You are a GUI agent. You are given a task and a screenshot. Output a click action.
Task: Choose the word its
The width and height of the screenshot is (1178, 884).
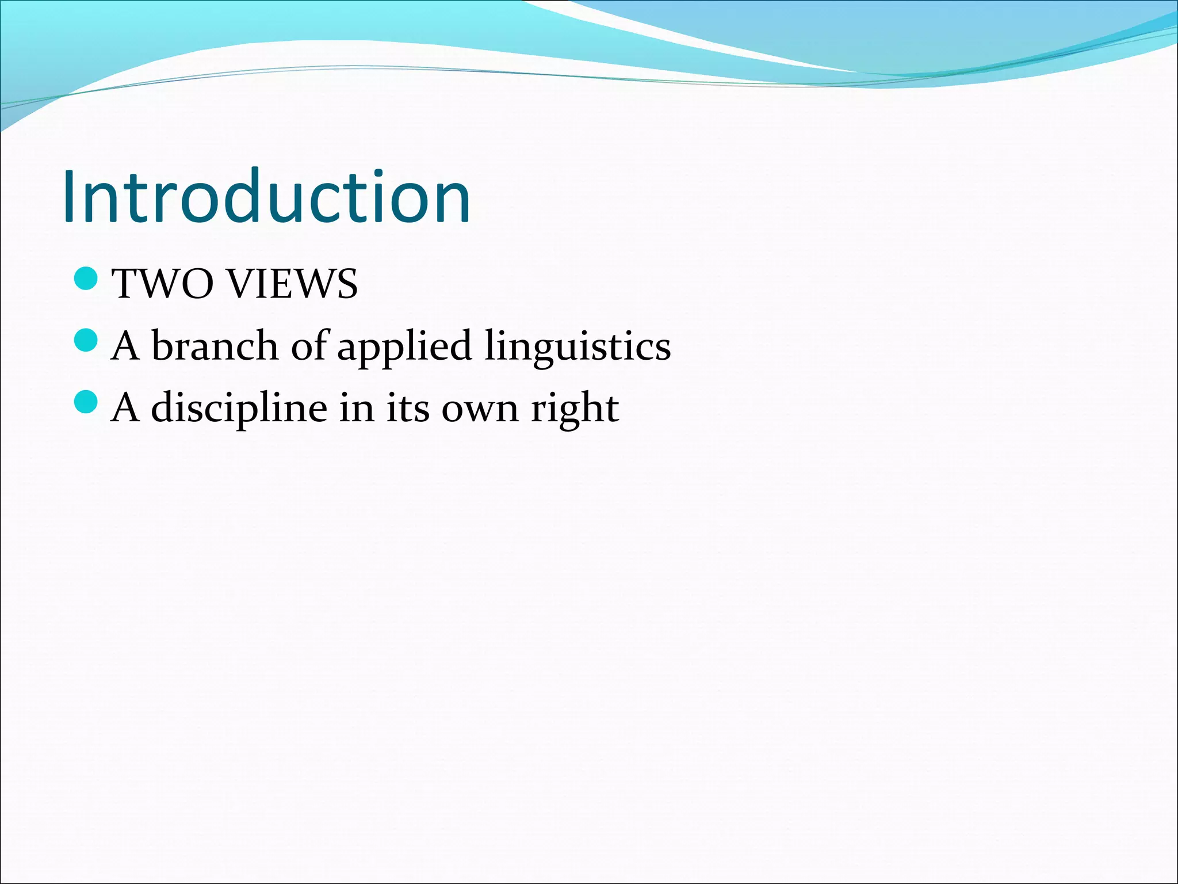tap(407, 407)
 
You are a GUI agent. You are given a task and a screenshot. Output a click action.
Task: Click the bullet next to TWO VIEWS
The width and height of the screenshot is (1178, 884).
tap(87, 279)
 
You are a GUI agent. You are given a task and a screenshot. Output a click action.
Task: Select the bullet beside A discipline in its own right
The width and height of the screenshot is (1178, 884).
tap(87, 402)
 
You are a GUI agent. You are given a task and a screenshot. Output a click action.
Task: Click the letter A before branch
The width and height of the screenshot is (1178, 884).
tap(125, 346)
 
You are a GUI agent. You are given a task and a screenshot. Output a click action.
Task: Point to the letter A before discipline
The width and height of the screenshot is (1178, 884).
tap(125, 407)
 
